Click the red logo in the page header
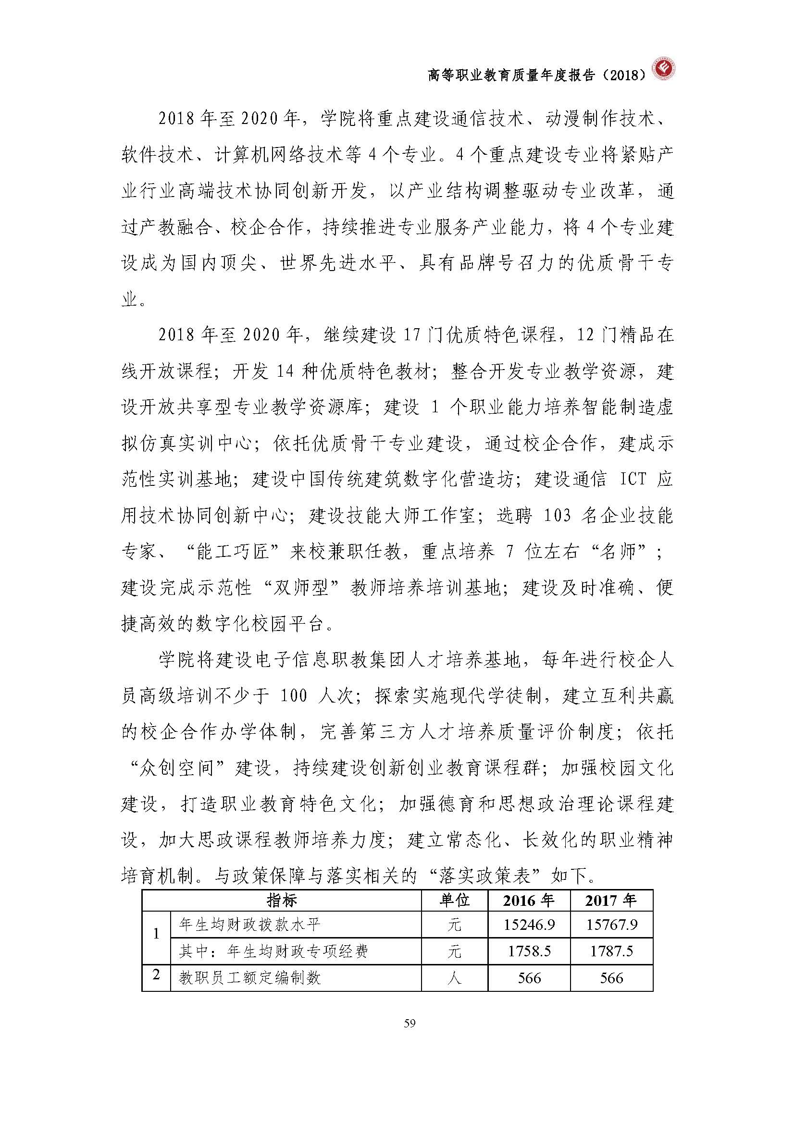coord(664,73)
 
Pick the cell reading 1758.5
coord(529,951)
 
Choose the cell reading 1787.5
coord(611,951)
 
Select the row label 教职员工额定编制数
coord(249,978)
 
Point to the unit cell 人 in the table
coord(454,978)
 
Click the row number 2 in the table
coord(156,975)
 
